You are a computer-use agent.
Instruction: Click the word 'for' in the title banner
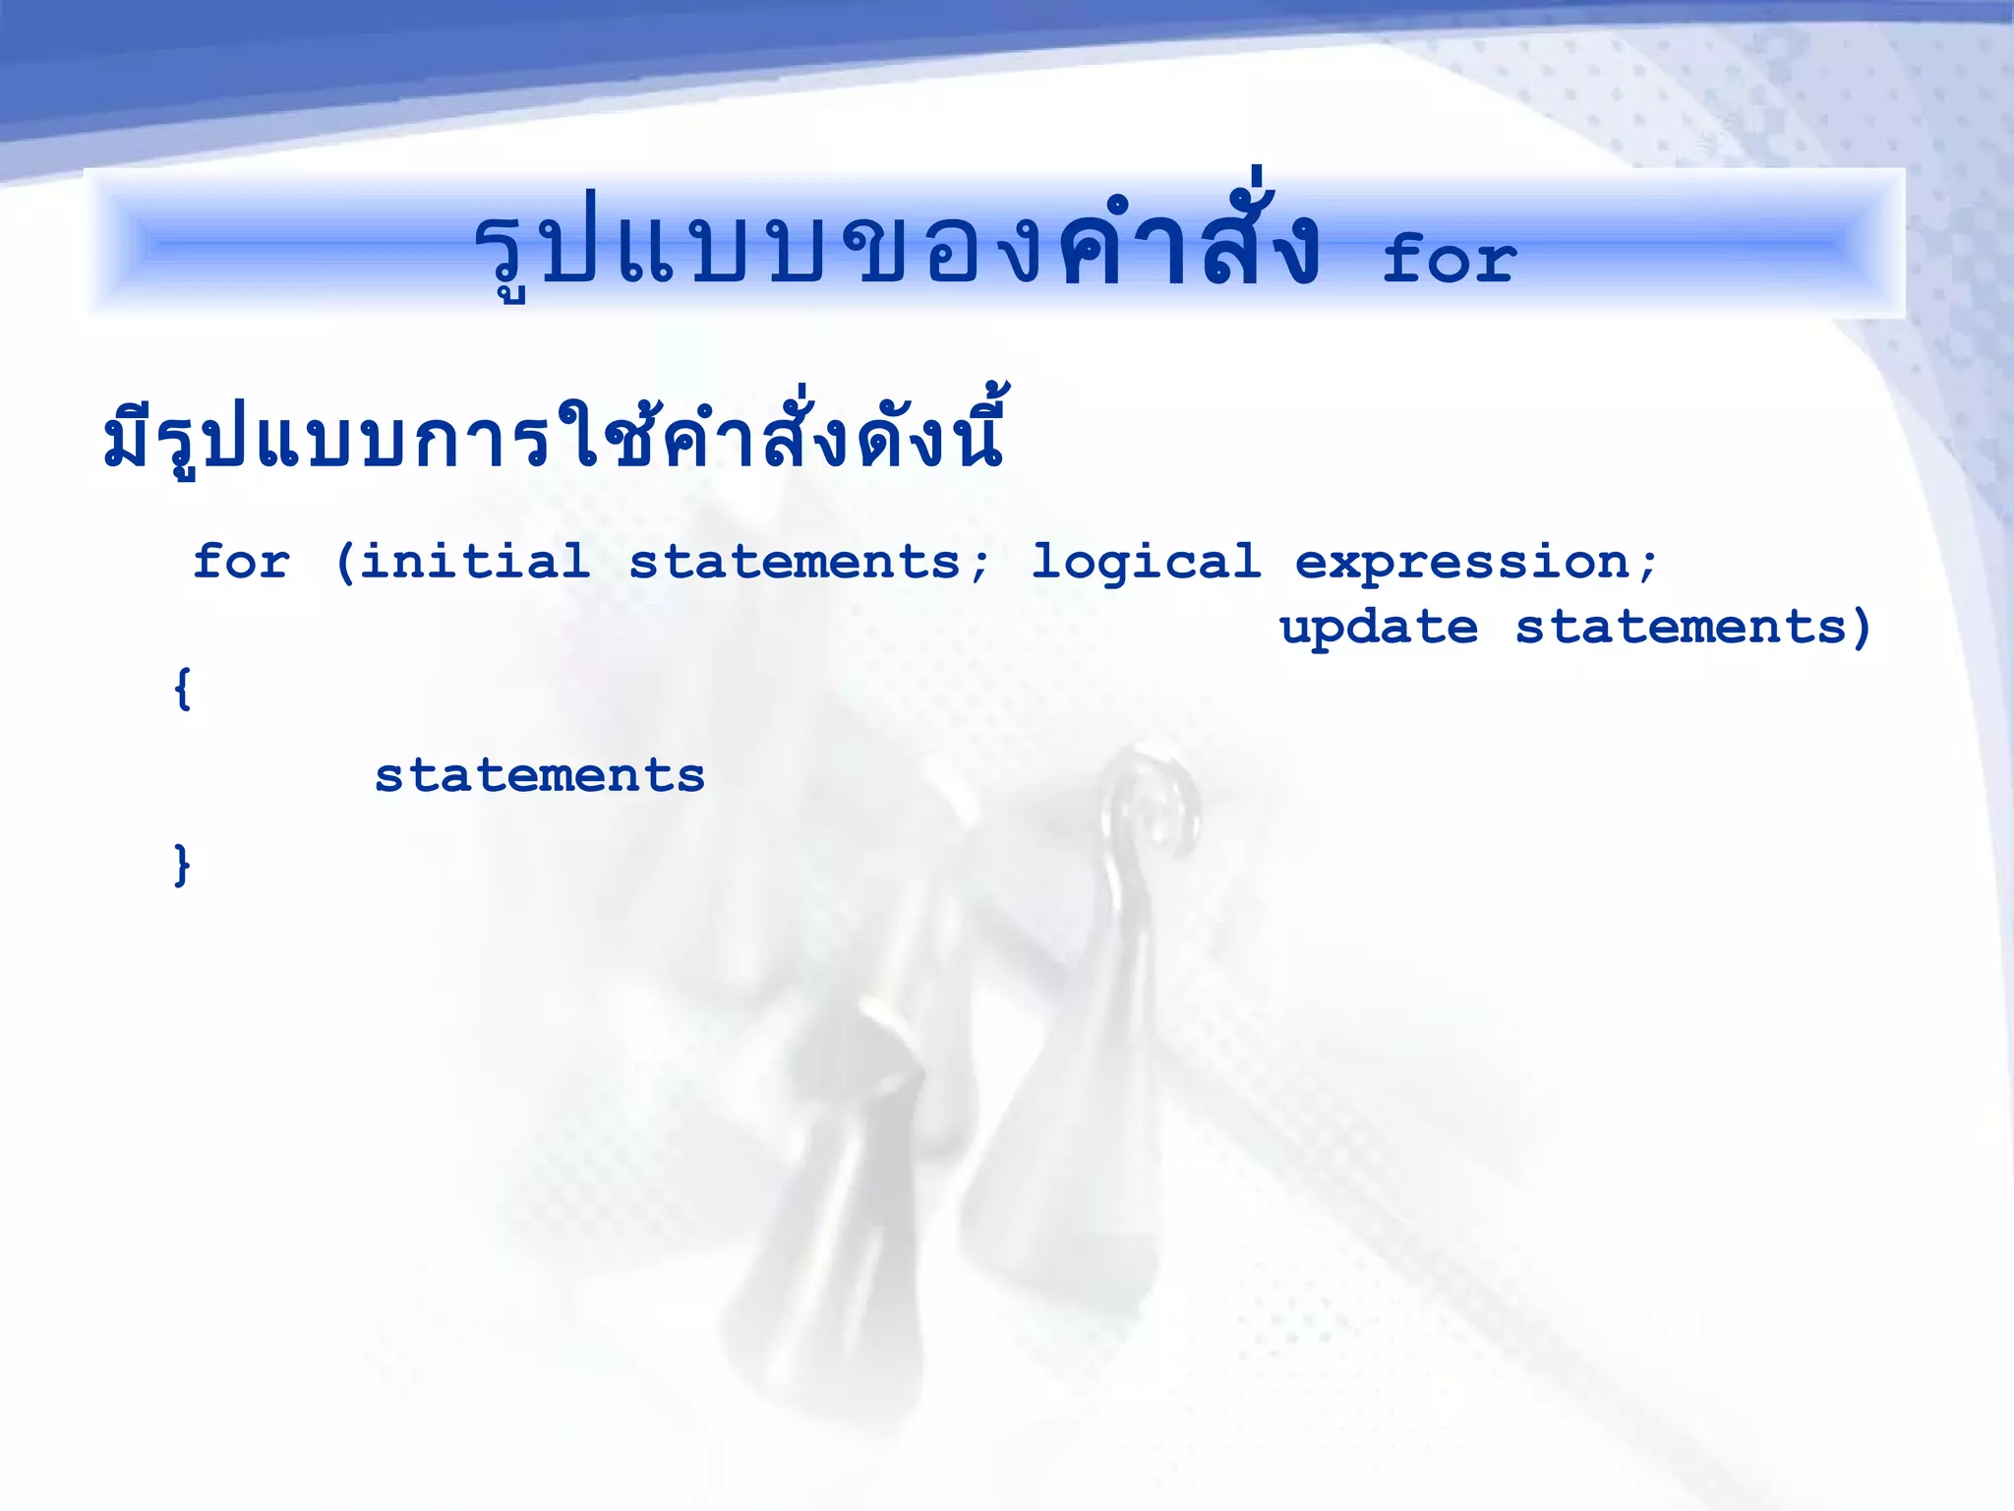1449,260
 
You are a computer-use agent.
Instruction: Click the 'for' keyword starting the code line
242,562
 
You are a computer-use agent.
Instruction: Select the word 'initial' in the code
475,562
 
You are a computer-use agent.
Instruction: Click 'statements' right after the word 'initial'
795,562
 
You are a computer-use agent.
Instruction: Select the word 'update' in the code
1378,629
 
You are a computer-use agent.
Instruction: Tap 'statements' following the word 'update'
1681,627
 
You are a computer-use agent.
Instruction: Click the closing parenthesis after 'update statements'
1861,629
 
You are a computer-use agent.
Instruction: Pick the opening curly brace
182,689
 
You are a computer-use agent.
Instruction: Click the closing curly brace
182,865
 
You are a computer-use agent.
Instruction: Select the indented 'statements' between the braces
540,775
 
